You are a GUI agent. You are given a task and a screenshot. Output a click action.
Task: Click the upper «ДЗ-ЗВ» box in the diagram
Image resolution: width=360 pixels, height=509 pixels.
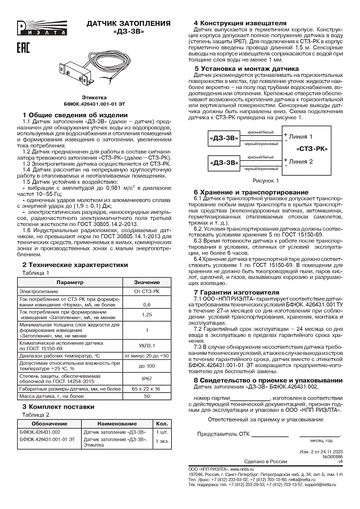224,137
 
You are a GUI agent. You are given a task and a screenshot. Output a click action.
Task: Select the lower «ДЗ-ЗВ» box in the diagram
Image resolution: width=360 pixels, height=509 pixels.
224,163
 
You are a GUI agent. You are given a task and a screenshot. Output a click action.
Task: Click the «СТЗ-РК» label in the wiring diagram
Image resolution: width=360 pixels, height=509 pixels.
311,149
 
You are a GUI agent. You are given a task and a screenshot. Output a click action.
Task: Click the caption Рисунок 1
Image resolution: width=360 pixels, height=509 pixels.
266,181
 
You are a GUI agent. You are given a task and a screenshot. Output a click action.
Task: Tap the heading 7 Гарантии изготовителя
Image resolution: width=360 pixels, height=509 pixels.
236,292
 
